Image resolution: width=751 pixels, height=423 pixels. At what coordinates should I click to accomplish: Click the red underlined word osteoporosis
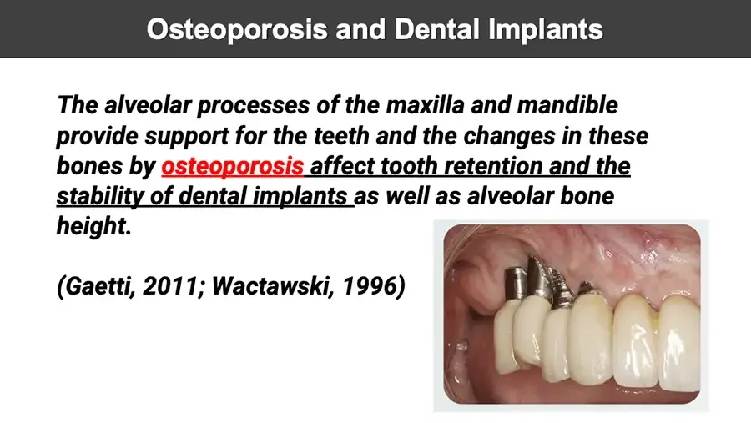point(233,166)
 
